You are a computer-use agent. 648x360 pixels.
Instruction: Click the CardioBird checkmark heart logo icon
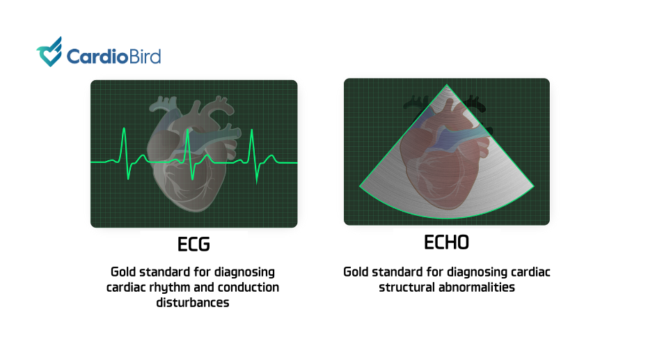pos(49,52)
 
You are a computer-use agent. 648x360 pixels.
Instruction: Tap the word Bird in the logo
pos(145,56)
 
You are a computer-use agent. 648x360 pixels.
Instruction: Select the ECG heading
pos(193,244)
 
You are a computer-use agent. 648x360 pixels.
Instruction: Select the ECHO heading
pos(446,242)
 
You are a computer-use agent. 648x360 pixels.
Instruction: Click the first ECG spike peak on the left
pos(124,129)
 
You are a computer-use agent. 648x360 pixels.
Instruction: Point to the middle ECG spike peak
pos(188,130)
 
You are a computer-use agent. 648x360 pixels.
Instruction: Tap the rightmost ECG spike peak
pos(252,130)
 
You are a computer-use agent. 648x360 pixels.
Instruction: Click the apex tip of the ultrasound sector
pos(447,85)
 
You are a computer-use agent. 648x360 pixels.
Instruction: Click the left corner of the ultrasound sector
pos(360,187)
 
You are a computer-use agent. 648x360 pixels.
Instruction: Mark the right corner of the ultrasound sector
pos(534,186)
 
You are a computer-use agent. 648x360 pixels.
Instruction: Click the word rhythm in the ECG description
pos(164,288)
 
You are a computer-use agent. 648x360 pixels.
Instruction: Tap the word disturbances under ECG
pos(193,302)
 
